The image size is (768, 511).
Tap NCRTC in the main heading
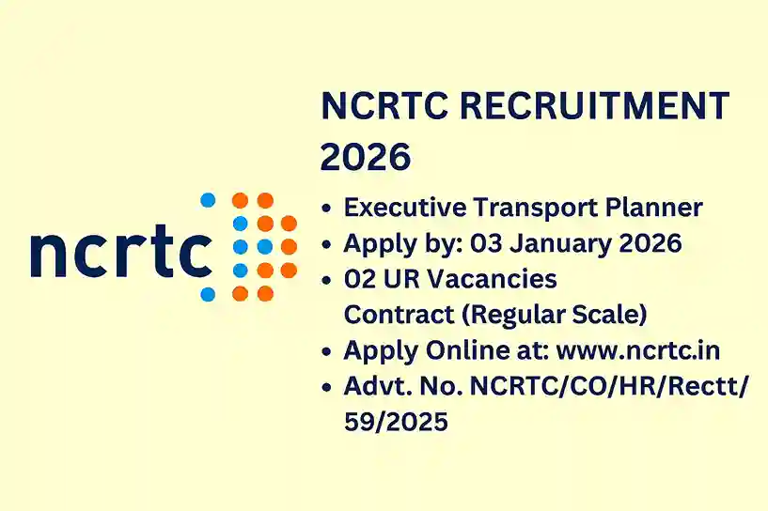click(x=375, y=105)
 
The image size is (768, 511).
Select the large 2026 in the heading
click(x=366, y=157)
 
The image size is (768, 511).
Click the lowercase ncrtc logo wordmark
click(x=121, y=252)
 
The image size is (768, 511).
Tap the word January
click(x=561, y=243)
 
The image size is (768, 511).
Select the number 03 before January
click(x=488, y=243)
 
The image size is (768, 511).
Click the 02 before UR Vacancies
click(x=360, y=279)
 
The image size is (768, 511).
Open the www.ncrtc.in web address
click(x=638, y=350)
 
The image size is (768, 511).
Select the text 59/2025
click(x=396, y=422)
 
